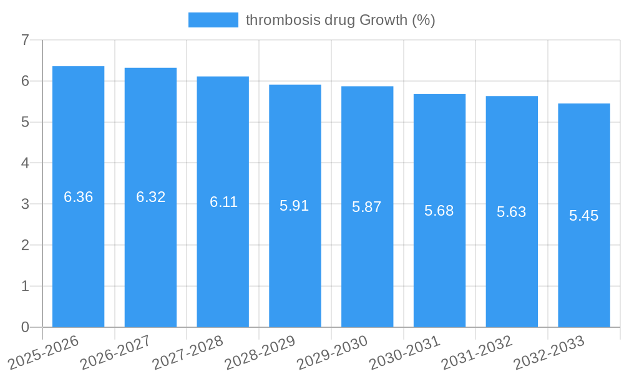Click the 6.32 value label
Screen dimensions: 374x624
tap(150, 197)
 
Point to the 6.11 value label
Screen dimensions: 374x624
tap(223, 202)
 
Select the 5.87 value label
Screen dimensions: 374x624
tap(367, 207)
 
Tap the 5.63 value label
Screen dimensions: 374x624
tap(512, 212)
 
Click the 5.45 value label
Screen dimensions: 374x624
tap(584, 216)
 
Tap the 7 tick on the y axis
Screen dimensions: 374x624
tap(25, 40)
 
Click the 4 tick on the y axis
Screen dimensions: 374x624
tap(25, 163)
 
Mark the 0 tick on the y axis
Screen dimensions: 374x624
tap(25, 327)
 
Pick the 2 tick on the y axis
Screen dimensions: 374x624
tap(25, 245)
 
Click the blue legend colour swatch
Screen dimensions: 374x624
tap(213, 20)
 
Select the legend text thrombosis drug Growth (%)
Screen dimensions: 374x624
tap(340, 20)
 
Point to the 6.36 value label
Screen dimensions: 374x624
tap(79, 197)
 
